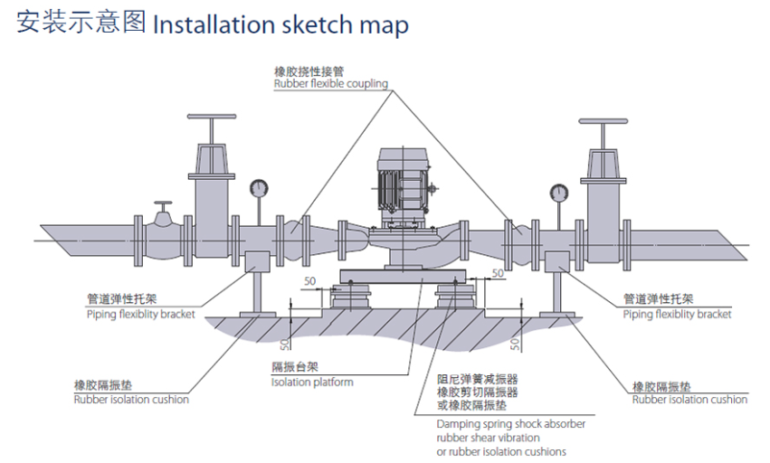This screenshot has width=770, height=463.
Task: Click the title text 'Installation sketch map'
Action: (x=280, y=24)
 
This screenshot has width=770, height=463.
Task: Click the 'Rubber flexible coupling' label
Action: (x=330, y=84)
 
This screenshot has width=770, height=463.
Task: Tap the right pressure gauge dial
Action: (x=557, y=191)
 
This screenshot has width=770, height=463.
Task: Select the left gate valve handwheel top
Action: (x=212, y=118)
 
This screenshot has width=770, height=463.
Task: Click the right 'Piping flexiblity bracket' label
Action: (x=677, y=315)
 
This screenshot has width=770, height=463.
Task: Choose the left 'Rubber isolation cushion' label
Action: (x=131, y=399)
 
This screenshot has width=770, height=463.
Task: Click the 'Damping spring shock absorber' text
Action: (x=510, y=424)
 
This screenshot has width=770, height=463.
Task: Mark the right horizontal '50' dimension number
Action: (x=496, y=273)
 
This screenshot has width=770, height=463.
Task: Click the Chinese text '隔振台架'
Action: (x=294, y=367)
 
